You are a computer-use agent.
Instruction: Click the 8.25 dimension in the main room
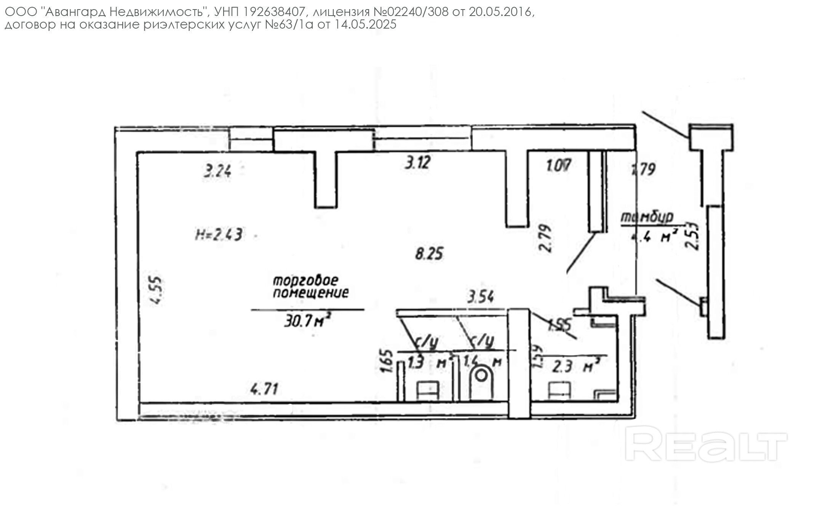coord(429,254)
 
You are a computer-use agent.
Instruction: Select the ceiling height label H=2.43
coord(219,234)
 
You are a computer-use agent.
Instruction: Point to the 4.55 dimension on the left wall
coord(157,290)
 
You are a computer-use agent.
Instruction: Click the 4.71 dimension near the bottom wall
coord(264,389)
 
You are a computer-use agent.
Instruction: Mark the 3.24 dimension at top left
coord(217,170)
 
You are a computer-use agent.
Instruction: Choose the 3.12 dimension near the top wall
coord(417,163)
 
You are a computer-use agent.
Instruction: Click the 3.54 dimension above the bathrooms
coord(481,297)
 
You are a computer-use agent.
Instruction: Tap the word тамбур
coord(647,217)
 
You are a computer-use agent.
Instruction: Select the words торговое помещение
coord(310,287)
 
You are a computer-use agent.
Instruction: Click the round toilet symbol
coord(481,376)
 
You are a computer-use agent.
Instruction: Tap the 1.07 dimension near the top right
coord(559,166)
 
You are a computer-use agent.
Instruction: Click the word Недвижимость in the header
coord(156,13)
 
